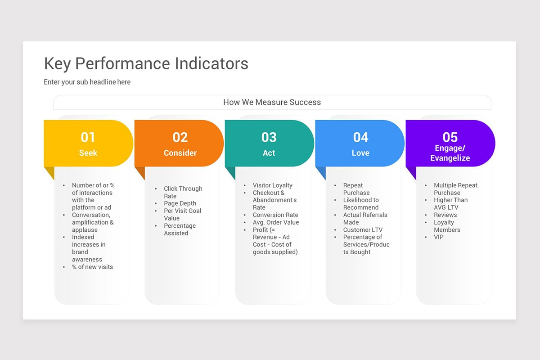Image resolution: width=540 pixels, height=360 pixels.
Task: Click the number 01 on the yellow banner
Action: click(88, 137)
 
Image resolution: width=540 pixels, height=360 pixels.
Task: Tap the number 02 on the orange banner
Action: click(180, 137)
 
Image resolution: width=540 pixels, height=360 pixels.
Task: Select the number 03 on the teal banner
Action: click(269, 137)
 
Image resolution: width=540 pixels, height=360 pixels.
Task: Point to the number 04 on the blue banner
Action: click(360, 137)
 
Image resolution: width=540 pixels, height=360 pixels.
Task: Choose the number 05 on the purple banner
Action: click(450, 137)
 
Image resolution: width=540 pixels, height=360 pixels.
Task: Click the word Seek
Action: click(88, 153)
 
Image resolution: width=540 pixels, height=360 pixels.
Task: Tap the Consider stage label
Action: click(180, 153)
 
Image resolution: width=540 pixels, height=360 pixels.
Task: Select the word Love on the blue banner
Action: click(360, 153)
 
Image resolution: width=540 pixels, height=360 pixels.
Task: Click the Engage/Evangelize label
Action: click(450, 153)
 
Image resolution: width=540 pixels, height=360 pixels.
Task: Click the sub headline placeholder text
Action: click(87, 82)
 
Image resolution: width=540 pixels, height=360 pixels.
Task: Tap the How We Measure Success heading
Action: click(272, 102)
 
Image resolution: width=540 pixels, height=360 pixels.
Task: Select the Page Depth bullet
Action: click(180, 203)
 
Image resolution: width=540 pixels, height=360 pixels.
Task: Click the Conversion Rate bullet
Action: click(275, 215)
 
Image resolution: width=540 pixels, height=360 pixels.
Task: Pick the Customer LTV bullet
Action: click(363, 230)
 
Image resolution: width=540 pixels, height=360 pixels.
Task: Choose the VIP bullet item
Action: click(439, 237)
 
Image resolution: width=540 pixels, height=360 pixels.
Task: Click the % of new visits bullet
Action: click(92, 267)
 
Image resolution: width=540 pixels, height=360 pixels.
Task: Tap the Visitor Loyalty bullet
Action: click(272, 185)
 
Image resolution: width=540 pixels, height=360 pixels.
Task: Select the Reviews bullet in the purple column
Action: click(445, 215)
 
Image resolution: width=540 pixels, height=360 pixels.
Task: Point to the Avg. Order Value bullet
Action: click(275, 222)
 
